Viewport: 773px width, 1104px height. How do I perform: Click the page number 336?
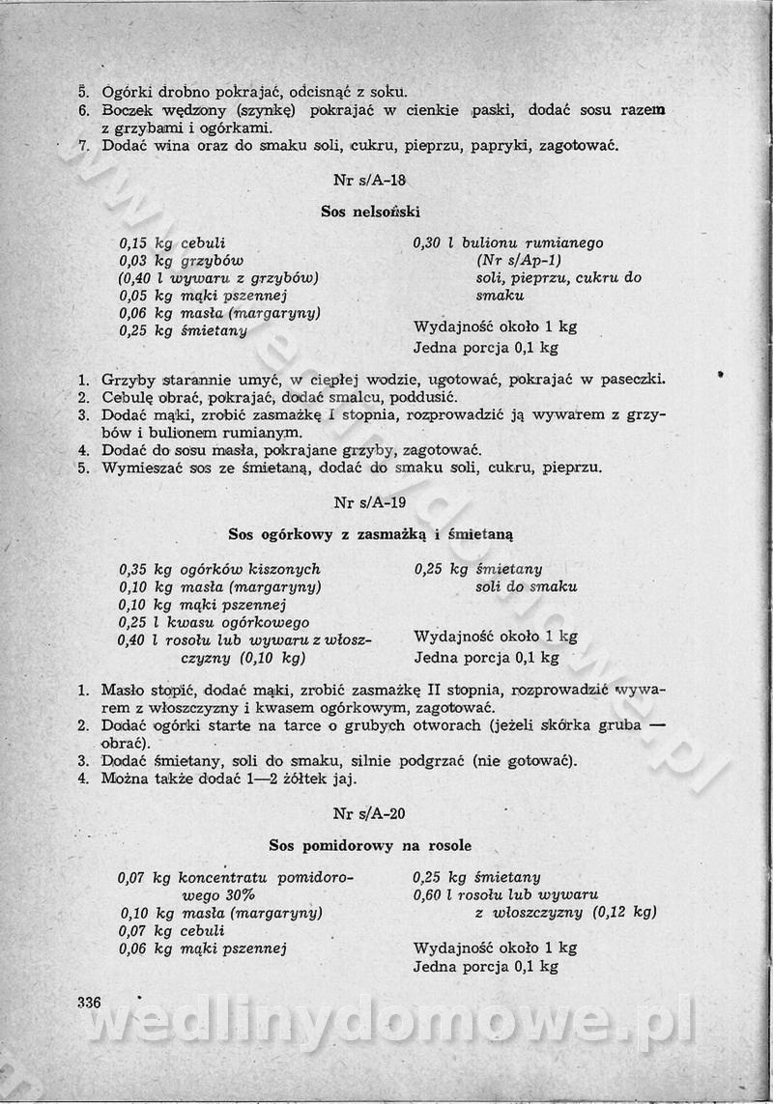[x=90, y=1002]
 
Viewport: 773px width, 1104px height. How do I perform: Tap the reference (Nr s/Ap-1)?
[x=519, y=261]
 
